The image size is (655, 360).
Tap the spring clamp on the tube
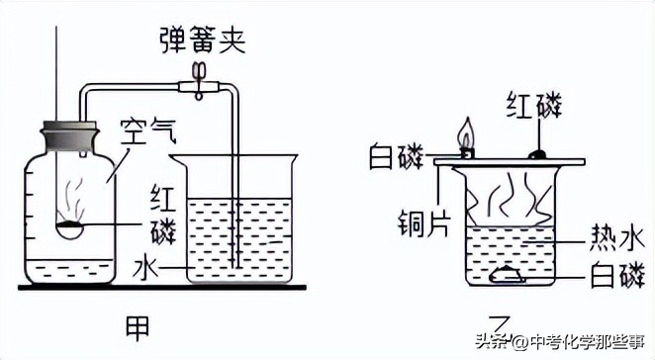point(201,82)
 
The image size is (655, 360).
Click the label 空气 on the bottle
point(145,129)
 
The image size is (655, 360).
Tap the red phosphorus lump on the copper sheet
point(537,153)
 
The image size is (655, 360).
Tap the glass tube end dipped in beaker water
point(236,259)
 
